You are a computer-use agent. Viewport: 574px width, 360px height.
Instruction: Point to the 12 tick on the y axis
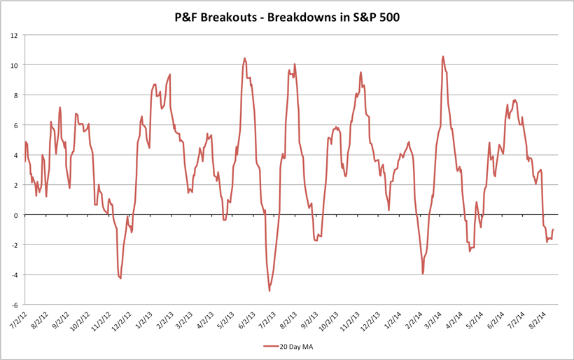tap(13, 35)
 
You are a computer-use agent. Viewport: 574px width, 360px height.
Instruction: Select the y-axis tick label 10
tap(13, 65)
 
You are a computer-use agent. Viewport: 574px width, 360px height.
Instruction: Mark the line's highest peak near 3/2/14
tap(443, 57)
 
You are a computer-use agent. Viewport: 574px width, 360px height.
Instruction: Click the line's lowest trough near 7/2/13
tap(269, 291)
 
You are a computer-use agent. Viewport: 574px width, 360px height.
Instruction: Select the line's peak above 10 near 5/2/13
tap(244, 58)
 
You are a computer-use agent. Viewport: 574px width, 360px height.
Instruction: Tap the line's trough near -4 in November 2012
tap(120, 279)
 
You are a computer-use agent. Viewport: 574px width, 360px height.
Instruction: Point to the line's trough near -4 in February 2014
tap(423, 273)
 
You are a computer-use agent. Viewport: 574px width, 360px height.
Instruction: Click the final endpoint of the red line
tap(553, 230)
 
